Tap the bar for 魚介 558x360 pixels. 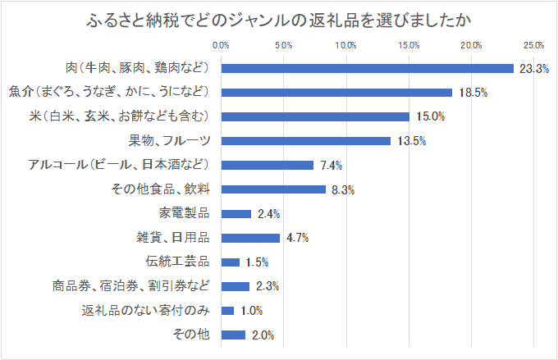pyautogui.click(x=337, y=93)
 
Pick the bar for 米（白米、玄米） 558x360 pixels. pyautogui.click(x=315, y=116)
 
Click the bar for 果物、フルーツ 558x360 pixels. pyautogui.click(x=306, y=141)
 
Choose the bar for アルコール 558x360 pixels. pyautogui.click(x=268, y=165)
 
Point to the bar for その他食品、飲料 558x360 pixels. pyautogui.click(x=273, y=189)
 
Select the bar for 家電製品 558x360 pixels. pyautogui.click(x=236, y=214)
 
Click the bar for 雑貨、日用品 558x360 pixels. pyautogui.click(x=250, y=238)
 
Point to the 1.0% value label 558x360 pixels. pyautogui.click(x=253, y=311)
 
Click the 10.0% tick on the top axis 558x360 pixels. pyautogui.click(x=346, y=44)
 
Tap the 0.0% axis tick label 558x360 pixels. pyautogui.click(x=221, y=44)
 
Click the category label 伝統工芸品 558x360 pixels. pyautogui.click(x=178, y=262)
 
